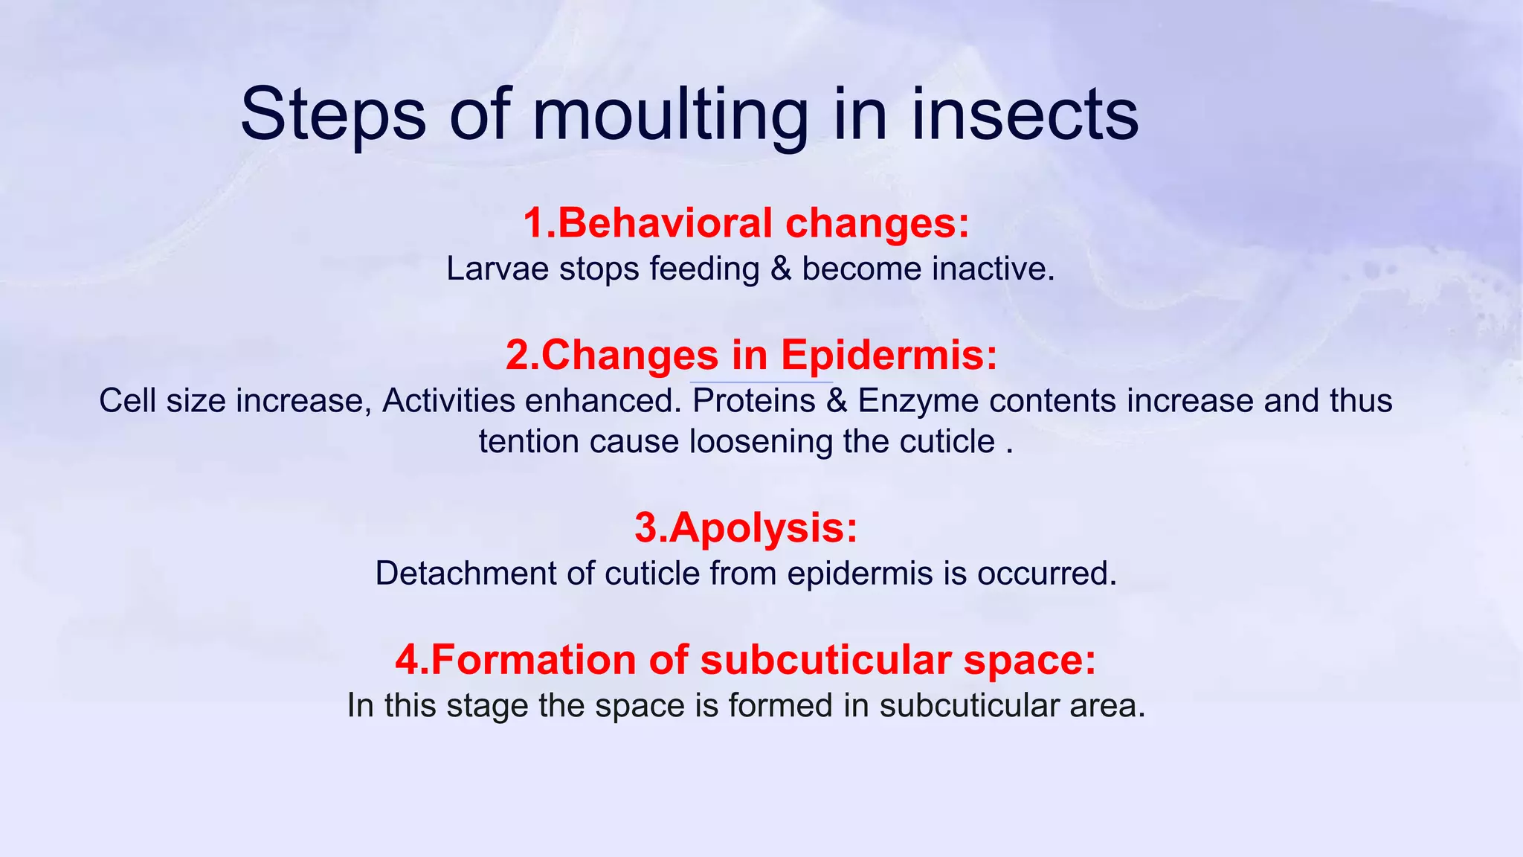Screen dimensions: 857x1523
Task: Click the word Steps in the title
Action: click(333, 115)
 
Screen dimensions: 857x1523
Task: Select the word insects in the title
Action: click(1024, 115)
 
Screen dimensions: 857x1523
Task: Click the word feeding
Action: click(704, 269)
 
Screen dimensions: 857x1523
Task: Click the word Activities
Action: click(448, 401)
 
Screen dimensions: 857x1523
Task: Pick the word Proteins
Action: click(753, 401)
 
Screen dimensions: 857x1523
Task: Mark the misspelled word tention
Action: click(529, 442)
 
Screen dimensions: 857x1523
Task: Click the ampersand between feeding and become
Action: click(781, 269)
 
